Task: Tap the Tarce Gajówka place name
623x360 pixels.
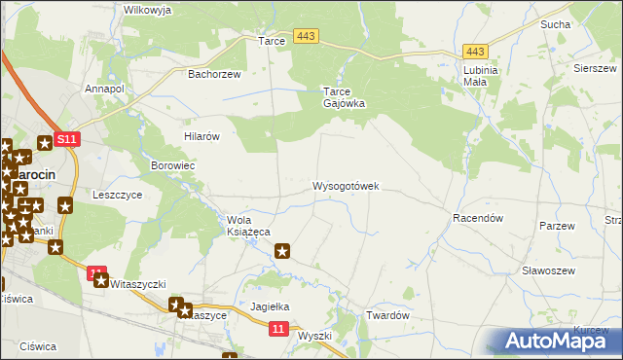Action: point(344,97)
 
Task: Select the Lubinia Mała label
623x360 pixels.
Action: point(481,76)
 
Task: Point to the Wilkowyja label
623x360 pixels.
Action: point(148,10)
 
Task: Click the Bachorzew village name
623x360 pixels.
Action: point(213,73)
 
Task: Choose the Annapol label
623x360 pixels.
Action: point(105,89)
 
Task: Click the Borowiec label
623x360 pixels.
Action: point(173,166)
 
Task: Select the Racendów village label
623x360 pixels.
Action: point(477,219)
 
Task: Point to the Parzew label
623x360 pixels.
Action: point(558,226)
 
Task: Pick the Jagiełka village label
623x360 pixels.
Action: point(272,306)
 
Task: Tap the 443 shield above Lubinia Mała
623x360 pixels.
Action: point(476,52)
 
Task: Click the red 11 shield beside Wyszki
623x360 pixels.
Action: point(277,331)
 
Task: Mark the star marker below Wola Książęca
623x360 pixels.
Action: point(283,252)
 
